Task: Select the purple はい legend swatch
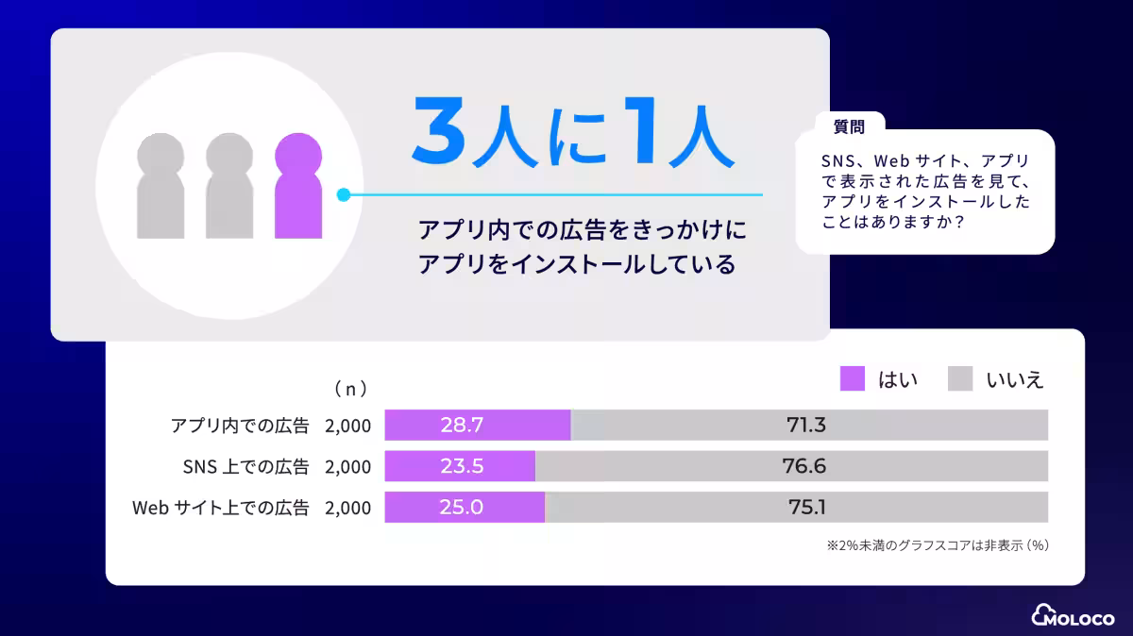(x=853, y=379)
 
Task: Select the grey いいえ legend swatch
(x=960, y=379)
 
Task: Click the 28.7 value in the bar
(x=462, y=426)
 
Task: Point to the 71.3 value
(x=806, y=426)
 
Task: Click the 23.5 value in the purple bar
(x=462, y=466)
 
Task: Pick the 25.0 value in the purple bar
(x=462, y=507)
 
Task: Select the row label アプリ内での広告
(x=240, y=426)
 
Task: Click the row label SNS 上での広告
(x=245, y=466)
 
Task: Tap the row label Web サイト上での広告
(x=220, y=508)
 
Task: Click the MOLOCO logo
(x=1074, y=615)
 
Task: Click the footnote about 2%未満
(x=939, y=545)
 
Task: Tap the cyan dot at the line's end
(x=344, y=195)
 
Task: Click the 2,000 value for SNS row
(x=347, y=466)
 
